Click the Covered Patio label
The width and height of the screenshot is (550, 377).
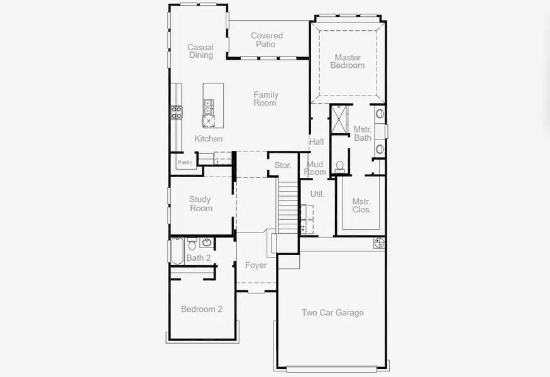pyautogui.click(x=267, y=40)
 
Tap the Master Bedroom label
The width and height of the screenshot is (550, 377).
pyautogui.click(x=348, y=62)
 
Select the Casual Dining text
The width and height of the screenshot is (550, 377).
pyautogui.click(x=201, y=51)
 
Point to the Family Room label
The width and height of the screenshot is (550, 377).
pyautogui.click(x=266, y=99)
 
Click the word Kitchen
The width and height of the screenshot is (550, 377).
pyautogui.click(x=208, y=139)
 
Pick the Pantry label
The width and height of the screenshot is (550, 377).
pyautogui.click(x=185, y=163)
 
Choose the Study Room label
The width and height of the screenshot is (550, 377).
pyautogui.click(x=201, y=204)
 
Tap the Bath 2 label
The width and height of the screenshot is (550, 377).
pyautogui.click(x=199, y=258)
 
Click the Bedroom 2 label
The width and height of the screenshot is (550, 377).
pyautogui.click(x=201, y=309)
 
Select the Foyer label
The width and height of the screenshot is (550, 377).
pyautogui.click(x=256, y=266)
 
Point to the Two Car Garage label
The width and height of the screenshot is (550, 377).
pyautogui.click(x=333, y=313)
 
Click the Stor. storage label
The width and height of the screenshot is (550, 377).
pyautogui.click(x=283, y=165)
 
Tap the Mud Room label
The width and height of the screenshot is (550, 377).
pyautogui.click(x=316, y=168)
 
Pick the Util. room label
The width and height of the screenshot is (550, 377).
pyautogui.click(x=317, y=194)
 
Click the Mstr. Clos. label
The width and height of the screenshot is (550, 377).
pyautogui.click(x=361, y=205)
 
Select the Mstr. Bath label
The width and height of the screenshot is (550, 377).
pyautogui.click(x=363, y=134)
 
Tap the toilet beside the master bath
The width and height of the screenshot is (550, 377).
pyautogui.click(x=340, y=166)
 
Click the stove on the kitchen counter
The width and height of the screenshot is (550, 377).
pyautogui.click(x=177, y=113)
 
